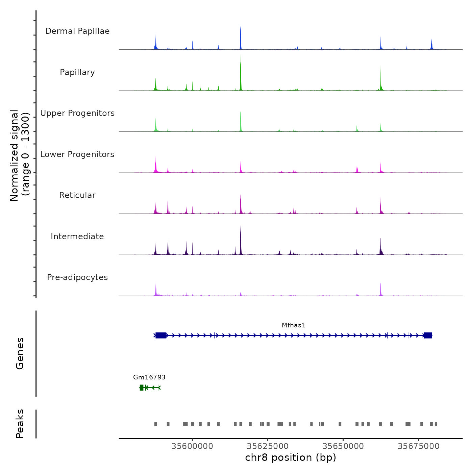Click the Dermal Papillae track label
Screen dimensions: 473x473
coord(77,31)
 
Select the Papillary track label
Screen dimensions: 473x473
coord(77,72)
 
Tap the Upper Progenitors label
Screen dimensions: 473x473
coord(77,113)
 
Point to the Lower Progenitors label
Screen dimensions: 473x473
coord(77,154)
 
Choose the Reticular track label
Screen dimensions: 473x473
coord(77,195)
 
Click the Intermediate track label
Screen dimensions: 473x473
coord(77,236)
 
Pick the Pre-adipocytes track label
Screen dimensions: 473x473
coord(77,277)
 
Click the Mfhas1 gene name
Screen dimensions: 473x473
coord(294,325)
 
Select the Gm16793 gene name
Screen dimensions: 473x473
coord(149,377)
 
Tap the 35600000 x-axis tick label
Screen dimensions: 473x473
coord(192,446)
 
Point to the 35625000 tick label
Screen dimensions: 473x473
coord(268,446)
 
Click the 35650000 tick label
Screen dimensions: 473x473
coord(343,446)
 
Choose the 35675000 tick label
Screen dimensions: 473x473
coord(419,446)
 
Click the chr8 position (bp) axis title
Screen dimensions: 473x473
coord(291,458)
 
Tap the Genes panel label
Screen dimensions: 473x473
coord(20,353)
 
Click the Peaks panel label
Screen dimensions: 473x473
coord(20,424)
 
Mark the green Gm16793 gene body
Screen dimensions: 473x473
coord(150,388)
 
